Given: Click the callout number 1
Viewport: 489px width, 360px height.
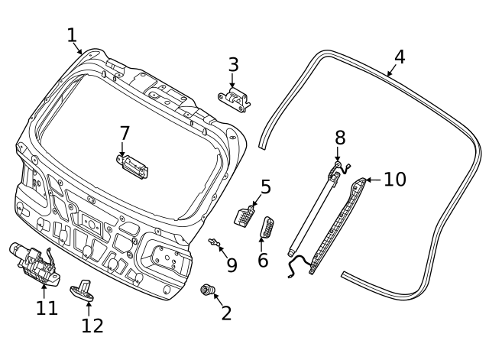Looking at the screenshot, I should [72, 35].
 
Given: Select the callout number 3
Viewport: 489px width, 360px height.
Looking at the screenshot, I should [234, 65].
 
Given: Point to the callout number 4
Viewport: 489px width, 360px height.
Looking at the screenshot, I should [400, 57].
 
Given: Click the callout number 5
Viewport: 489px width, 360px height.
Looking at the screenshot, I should [265, 186].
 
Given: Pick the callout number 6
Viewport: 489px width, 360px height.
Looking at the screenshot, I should [263, 260].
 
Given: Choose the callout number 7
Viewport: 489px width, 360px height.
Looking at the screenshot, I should [125, 133].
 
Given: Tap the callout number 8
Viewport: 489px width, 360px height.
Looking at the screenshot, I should [340, 138].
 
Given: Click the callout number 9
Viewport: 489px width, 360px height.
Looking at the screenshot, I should [232, 265].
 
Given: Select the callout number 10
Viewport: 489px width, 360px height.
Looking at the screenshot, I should [394, 180].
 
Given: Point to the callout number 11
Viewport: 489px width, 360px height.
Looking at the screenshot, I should [47, 307].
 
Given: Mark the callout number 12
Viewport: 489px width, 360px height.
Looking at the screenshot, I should [92, 326].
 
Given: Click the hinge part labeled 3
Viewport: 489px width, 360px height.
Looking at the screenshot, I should [235, 99].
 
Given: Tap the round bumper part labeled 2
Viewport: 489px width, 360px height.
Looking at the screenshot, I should [206, 290].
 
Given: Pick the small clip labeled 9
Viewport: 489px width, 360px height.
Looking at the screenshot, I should [214, 243].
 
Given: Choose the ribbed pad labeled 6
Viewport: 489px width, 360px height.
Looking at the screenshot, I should [267, 227].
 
